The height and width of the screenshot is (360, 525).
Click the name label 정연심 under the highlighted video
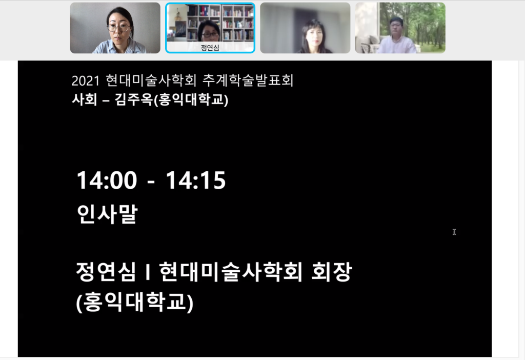(210, 48)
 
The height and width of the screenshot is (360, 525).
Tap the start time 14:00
(107, 180)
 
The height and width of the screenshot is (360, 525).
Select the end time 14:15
(196, 180)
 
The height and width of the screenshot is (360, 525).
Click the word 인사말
(107, 214)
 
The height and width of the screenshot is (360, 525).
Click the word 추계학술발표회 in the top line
(248, 81)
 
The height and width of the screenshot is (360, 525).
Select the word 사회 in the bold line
(85, 99)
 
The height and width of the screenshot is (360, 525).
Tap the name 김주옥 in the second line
(134, 99)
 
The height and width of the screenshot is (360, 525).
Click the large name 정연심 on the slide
(106, 271)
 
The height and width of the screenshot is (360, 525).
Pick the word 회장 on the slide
(332, 271)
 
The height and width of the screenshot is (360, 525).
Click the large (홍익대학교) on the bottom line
(135, 302)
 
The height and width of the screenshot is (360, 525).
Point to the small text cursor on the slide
(454, 232)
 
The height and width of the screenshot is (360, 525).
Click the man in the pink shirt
(397, 37)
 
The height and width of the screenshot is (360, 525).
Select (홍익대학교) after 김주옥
(191, 100)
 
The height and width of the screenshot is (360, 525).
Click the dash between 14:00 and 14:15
(151, 183)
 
